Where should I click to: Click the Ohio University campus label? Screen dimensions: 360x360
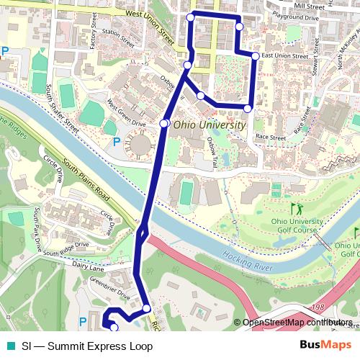[208, 125]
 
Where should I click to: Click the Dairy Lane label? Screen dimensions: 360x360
[89, 266]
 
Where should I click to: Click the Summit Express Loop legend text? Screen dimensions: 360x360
[87, 346]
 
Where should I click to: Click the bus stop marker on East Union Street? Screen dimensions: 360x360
[255, 55]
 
